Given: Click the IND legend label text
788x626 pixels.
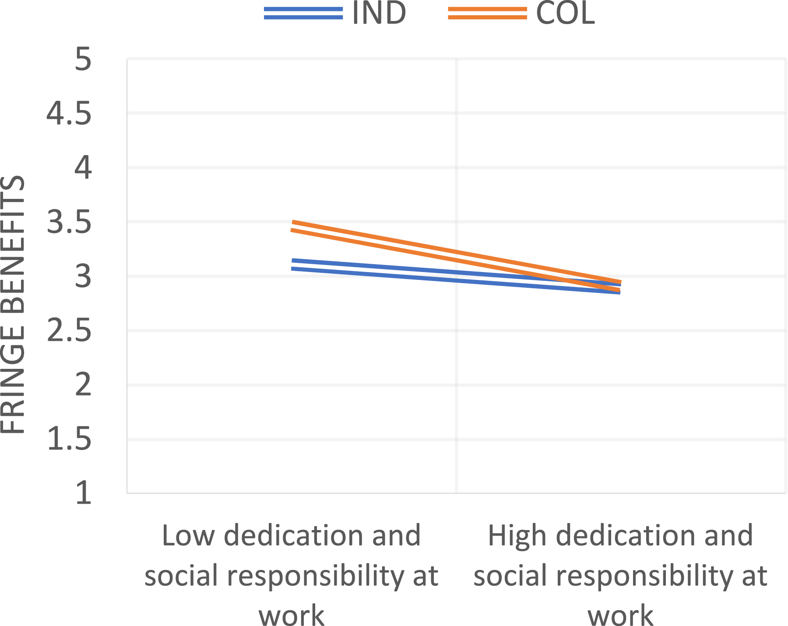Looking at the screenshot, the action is pos(379,13).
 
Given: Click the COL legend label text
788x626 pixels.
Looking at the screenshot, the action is pos(565,13).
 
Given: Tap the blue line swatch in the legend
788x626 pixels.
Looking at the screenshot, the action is pos(303,13).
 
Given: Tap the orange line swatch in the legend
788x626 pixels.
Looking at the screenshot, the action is pos(487,13).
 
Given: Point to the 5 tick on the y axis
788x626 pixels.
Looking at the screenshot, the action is pos(83,59).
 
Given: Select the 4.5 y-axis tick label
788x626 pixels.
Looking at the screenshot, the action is pos(69,113).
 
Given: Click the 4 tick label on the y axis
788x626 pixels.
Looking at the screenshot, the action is pos(83,168).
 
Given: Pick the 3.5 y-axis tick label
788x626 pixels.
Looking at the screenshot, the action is pos(69,222).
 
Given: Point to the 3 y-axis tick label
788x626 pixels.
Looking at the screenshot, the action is pos(83,276).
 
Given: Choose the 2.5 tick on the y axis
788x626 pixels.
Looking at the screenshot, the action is pos(69,331).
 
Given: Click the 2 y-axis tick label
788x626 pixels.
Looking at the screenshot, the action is pos(83,385).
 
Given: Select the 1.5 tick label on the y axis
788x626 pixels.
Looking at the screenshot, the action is pos(69,439).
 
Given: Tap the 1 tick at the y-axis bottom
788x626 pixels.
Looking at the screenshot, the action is pos(84,493).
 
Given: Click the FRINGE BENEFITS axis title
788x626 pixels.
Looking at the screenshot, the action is pos(12,305).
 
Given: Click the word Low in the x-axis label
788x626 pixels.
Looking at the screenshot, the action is pos(188,535).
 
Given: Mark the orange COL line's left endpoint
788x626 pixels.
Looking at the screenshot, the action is pos(292,226).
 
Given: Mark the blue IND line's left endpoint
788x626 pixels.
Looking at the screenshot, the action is pos(292,264).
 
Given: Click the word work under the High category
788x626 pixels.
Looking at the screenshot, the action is pos(620,615).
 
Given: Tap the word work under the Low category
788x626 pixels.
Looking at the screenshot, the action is pos(292,615).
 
